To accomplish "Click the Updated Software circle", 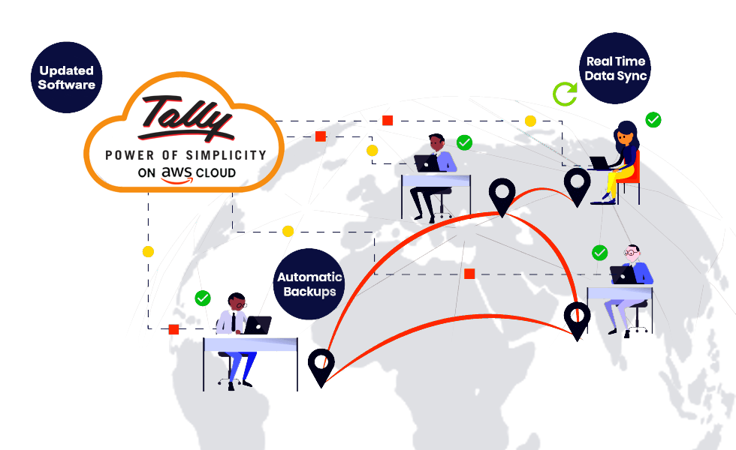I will pos(67,77).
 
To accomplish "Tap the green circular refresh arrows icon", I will pos(565,94).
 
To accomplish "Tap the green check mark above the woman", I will pos(653,119).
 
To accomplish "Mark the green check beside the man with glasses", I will pos(599,253).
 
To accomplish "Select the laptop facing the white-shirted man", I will pos(259,325).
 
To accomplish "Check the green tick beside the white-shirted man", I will pos(203,298).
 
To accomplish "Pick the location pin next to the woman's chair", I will pos(577,186).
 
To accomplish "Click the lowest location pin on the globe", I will pos(321,367).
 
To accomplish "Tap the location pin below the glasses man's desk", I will pos(577,319).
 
